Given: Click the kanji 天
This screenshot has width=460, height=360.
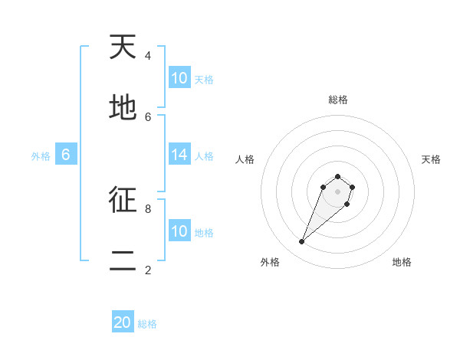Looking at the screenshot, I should pyautogui.click(x=123, y=47).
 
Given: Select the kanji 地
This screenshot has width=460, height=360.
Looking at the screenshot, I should pyautogui.click(x=123, y=108).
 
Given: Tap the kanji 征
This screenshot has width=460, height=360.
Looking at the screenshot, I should pyautogui.click(x=123, y=200).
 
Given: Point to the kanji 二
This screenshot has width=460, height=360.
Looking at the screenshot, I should pyautogui.click(x=123, y=261).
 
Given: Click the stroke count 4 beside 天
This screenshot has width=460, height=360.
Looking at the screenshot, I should pyautogui.click(x=148, y=55).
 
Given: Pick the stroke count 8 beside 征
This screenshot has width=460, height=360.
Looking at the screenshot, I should pyautogui.click(x=148, y=208).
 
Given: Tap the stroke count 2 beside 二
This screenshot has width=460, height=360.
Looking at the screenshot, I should pyautogui.click(x=148, y=270).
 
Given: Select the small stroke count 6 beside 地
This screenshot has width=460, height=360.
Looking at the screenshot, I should pyautogui.click(x=148, y=116).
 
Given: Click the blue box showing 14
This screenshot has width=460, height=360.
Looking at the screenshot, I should pyautogui.click(x=179, y=155).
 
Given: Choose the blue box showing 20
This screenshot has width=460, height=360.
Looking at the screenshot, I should pyautogui.click(x=123, y=322).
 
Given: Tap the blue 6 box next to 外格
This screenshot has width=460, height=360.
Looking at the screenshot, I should pyautogui.click(x=66, y=155).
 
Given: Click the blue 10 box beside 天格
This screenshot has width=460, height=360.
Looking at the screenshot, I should pyautogui.click(x=179, y=78).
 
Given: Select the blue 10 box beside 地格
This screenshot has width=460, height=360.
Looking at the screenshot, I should pyautogui.click(x=179, y=231).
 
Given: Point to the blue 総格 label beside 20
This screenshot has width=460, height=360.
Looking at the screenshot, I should pyautogui.click(x=147, y=324).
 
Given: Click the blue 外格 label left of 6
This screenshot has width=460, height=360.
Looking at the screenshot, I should pyautogui.click(x=41, y=156).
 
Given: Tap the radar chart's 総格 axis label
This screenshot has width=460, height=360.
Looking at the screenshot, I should pyautogui.click(x=337, y=100).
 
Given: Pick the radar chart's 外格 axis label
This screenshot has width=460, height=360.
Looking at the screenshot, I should pyautogui.click(x=270, y=262).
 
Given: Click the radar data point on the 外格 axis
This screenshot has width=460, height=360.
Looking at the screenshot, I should pyautogui.click(x=302, y=242).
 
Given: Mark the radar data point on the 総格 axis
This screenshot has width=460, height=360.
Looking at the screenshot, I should pyautogui.click(x=337, y=177).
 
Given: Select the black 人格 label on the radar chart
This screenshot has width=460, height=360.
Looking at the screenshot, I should pyautogui.click(x=245, y=159).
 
